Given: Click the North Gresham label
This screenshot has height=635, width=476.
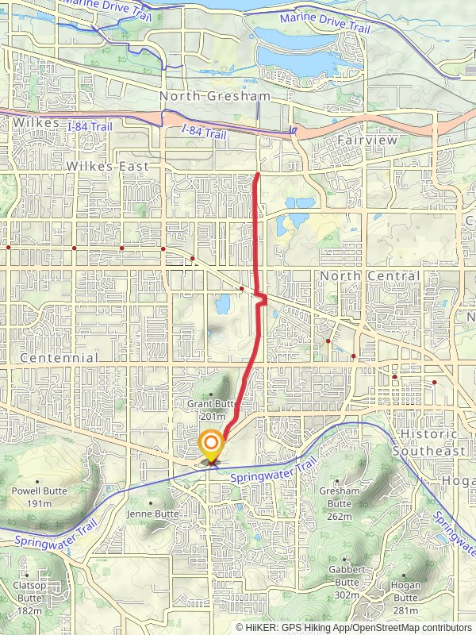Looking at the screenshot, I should pos(214,96).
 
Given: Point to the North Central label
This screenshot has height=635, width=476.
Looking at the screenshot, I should pos(370,275).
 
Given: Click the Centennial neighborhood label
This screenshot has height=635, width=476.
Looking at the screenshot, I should pos(59,358).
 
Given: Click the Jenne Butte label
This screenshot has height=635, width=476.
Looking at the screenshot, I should pos(153,514).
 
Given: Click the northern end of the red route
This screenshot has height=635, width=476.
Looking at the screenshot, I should pos(258,173).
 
